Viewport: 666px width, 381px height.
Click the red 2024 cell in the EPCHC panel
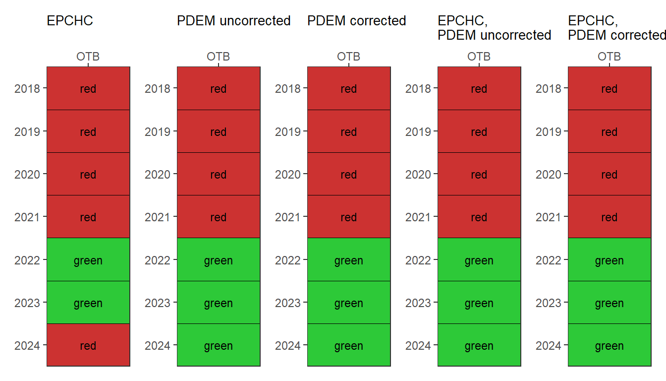[x=88, y=345]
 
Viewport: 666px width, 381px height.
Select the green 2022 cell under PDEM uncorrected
[x=219, y=259]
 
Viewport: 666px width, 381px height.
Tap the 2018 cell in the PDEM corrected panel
[x=349, y=88]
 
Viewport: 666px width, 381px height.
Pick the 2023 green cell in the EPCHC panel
[x=88, y=302]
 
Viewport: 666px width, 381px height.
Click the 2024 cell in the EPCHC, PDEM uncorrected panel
[x=479, y=345]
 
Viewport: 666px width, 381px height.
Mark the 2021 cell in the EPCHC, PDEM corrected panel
[x=610, y=216]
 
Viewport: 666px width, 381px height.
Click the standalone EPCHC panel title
[x=70, y=21]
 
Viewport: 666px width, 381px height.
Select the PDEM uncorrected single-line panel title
[x=234, y=21]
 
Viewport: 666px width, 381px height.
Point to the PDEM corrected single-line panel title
[x=356, y=21]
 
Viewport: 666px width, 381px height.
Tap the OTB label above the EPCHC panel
[x=88, y=57]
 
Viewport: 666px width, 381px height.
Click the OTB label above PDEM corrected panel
[x=348, y=57]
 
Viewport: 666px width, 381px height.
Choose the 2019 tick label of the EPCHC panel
[x=27, y=132]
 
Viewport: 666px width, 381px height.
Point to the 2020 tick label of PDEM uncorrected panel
[x=157, y=175]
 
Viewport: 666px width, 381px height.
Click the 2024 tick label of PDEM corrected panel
[x=287, y=346]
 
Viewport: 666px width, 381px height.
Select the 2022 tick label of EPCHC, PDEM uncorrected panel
[x=418, y=260]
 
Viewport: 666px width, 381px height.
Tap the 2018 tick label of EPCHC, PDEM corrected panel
[x=548, y=89]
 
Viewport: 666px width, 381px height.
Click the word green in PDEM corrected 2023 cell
[x=349, y=304]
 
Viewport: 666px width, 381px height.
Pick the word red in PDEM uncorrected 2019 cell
[x=219, y=132]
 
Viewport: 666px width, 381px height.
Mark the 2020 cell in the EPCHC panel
[x=88, y=174]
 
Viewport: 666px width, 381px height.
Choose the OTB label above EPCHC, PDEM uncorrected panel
[x=479, y=57]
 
